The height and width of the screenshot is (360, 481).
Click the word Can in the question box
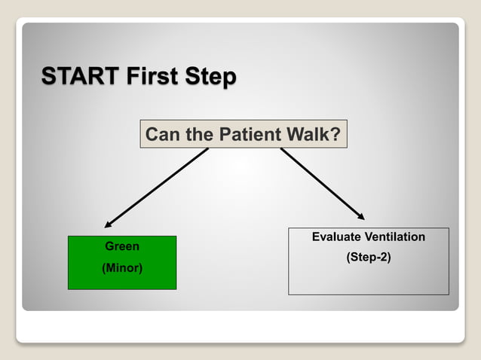click(x=161, y=135)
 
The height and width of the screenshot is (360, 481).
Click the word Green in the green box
click(x=122, y=246)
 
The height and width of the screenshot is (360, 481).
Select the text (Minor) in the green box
click(x=122, y=267)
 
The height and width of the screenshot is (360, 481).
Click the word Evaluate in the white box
click(x=337, y=237)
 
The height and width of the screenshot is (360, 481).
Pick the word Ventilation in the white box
click(x=395, y=237)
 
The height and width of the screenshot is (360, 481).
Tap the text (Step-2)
click(x=369, y=258)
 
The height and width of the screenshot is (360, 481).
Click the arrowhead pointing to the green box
click(x=109, y=224)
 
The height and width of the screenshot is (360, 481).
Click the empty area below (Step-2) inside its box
click(x=369, y=279)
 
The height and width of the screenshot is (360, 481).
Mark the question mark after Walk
click(x=335, y=135)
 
